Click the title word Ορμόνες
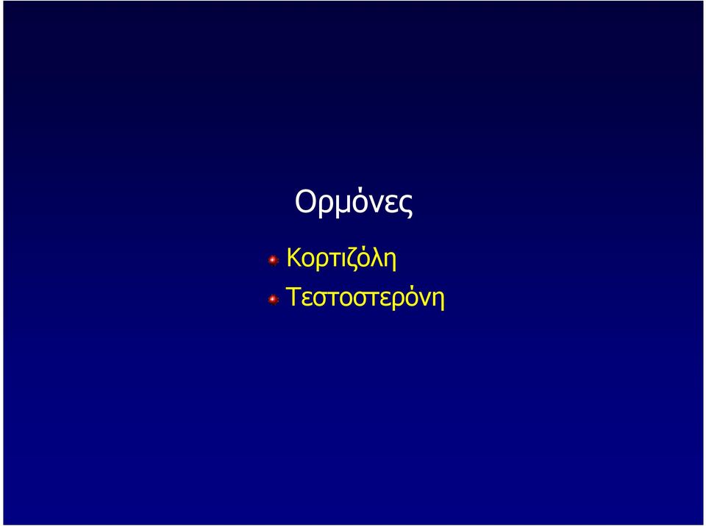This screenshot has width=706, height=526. coord(354,203)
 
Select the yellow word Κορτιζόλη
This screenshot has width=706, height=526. coord(341,259)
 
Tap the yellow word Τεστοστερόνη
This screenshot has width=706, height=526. coord(366,298)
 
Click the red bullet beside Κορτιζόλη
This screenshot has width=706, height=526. coord(274,260)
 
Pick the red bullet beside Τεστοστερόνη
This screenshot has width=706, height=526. coord(274,299)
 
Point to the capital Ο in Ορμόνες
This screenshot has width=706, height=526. coord(305,201)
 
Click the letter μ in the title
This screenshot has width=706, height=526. coord(338,206)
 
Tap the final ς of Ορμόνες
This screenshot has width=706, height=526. coord(405,207)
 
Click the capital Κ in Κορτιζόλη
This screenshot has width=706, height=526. coord(294,257)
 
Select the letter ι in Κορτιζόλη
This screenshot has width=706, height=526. coord(346,260)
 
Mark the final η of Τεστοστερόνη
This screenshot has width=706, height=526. coord(439,300)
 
